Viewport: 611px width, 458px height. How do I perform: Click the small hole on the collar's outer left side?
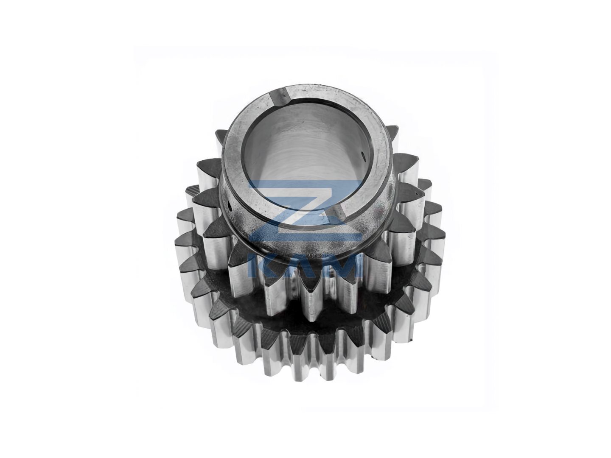(x=229, y=207)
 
